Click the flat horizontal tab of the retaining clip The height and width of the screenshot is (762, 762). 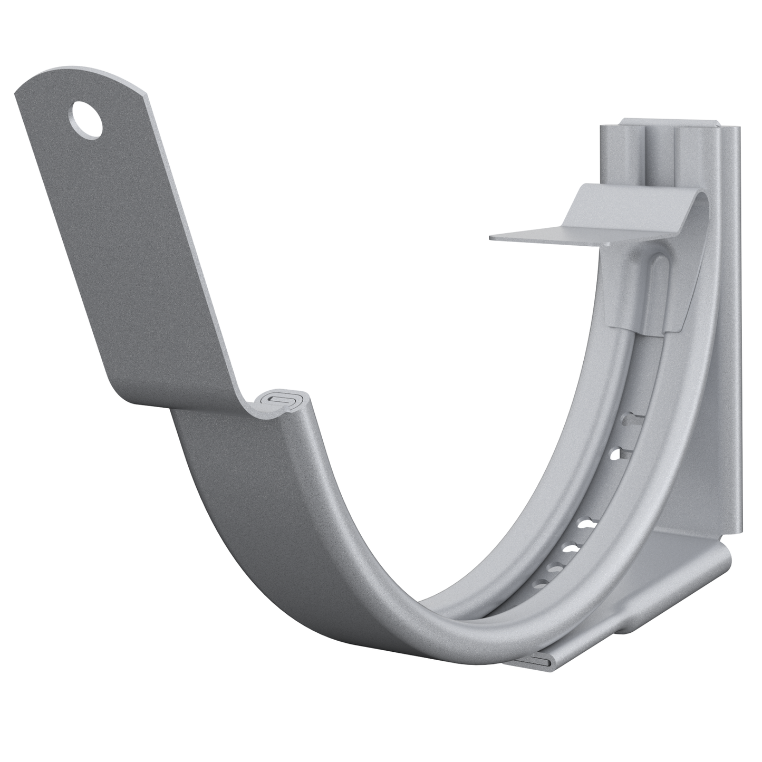click(548, 238)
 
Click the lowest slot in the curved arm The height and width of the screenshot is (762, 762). click(538, 583)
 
